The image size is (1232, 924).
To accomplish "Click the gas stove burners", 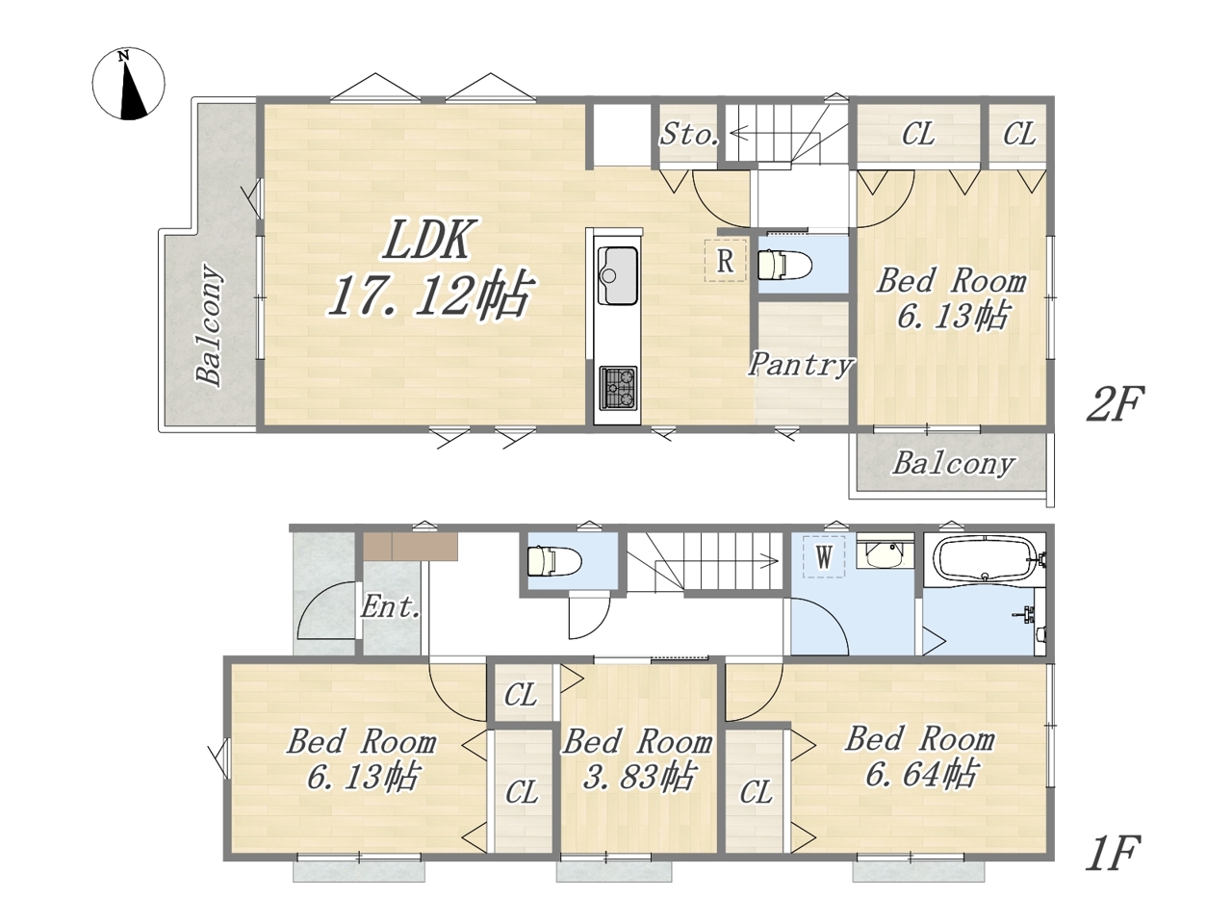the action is [x=619, y=387].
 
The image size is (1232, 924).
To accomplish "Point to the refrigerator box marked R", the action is [x=726, y=260].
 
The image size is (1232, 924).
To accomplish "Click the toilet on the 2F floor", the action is [x=784, y=265].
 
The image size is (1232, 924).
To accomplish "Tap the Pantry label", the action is [x=801, y=365].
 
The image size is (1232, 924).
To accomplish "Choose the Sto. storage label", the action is [x=689, y=134].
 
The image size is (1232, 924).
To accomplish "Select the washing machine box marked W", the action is [x=823, y=557].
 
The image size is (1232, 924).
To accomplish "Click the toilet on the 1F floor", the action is [x=554, y=561].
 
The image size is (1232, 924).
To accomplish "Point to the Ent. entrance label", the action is [x=390, y=607].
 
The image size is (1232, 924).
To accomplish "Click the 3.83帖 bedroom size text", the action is [x=639, y=778].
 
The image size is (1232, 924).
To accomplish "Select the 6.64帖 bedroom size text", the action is [x=920, y=774].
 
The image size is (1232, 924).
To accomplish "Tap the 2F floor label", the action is [x=1115, y=404].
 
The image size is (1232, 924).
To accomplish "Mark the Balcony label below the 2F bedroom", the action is [x=953, y=464].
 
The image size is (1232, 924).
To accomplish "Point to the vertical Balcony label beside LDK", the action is [x=209, y=324].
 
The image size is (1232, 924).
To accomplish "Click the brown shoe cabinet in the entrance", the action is [x=410, y=547].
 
